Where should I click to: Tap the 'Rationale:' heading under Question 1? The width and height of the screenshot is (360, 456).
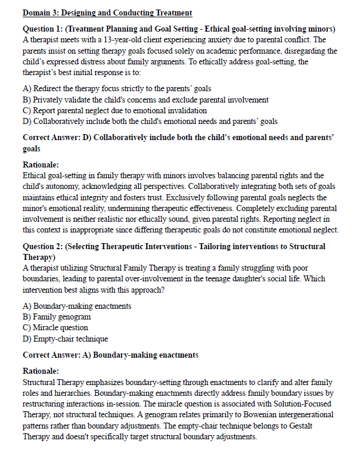tap(41, 165)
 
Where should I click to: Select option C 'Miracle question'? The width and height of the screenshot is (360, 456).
tap(55, 328)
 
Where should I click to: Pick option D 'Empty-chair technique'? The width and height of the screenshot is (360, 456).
tap(65, 339)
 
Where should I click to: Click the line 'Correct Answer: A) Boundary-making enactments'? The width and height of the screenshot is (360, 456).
tap(110, 355)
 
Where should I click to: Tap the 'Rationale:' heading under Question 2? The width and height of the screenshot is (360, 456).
tap(41, 371)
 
